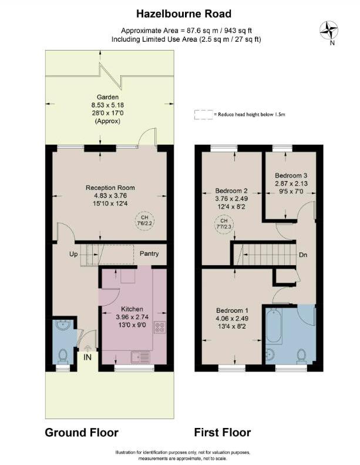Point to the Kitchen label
132,309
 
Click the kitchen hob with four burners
160,327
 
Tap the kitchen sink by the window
141,356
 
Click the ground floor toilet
63,355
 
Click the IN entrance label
87,357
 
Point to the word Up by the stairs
73,255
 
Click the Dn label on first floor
304,255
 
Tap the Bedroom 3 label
291,175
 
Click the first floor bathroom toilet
302,355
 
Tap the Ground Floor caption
82,433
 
